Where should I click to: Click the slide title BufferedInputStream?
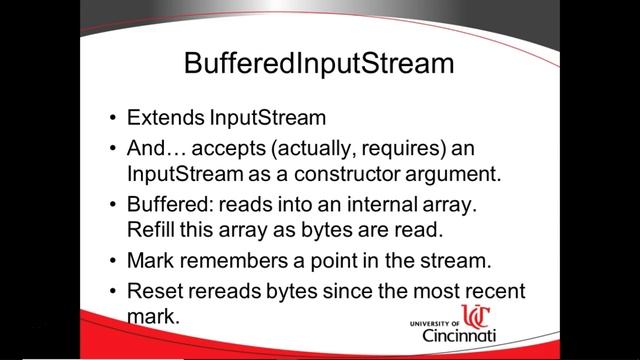[x=319, y=63]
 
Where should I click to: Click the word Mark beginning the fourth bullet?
[x=151, y=263]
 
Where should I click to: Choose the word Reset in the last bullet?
[x=156, y=294]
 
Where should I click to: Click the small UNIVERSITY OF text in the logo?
[x=437, y=323]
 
